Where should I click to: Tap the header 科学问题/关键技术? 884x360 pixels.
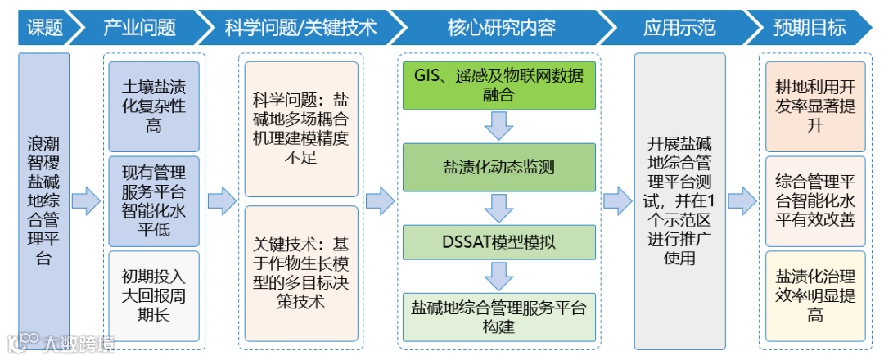pos(300,27)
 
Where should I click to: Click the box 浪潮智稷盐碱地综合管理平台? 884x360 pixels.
pos(44,200)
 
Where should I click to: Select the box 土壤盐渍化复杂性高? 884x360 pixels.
pos(154,106)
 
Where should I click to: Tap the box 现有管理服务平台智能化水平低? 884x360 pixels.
pos(154,201)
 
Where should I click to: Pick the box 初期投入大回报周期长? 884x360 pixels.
pos(154,295)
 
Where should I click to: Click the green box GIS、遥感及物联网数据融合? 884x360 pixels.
pos(498,85)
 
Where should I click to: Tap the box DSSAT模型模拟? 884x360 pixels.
pos(498,242)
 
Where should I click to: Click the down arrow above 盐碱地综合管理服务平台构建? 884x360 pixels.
pos(498,275)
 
